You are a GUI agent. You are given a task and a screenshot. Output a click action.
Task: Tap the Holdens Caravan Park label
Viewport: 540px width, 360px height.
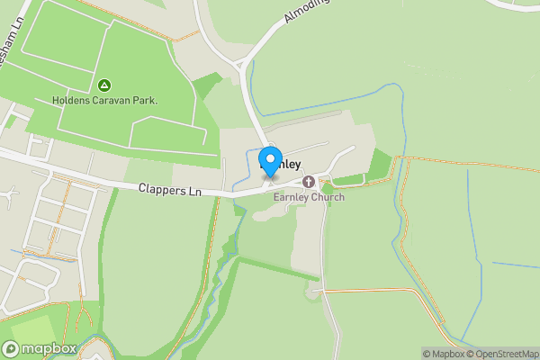click(104, 100)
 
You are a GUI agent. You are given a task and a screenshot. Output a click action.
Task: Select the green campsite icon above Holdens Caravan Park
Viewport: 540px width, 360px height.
click(104, 85)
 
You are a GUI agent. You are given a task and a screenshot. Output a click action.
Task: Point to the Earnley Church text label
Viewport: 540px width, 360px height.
click(309, 197)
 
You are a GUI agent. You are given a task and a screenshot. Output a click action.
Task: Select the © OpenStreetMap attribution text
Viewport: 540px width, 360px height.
click(502, 354)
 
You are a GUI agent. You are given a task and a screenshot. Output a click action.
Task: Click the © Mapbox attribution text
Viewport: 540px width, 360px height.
click(443, 354)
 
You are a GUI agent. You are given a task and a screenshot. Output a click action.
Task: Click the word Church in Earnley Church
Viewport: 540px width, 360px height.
click(327, 197)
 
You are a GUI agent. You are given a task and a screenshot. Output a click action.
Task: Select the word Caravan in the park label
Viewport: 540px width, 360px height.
click(110, 100)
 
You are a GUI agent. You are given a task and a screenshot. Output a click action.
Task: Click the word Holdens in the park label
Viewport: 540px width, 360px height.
click(70, 100)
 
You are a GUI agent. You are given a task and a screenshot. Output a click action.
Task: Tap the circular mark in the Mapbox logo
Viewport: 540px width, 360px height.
click(11, 348)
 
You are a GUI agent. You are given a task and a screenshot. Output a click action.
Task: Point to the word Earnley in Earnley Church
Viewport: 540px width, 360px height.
click(291, 197)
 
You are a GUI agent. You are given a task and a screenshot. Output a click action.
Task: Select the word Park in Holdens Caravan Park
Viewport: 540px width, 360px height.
click(144, 100)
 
